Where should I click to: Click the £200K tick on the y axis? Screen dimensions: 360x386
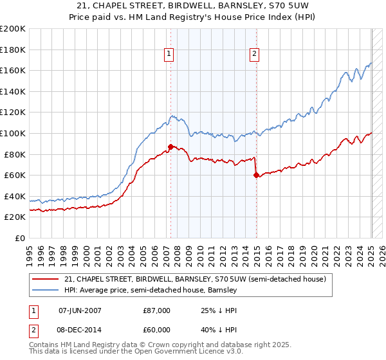pos(13,29)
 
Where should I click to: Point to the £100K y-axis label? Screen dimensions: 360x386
pos(13,133)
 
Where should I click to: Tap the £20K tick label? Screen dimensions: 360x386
pos(15,217)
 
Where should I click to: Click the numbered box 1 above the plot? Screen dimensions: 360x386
pos(169,55)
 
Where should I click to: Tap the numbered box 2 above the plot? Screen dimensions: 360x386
pos(255,55)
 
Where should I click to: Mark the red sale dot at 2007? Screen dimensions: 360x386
pos(170,147)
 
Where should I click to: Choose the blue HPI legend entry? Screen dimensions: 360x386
pos(151,291)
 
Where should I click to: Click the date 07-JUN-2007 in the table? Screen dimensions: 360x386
pos(80,310)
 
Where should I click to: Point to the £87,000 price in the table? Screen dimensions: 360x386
pos(156,310)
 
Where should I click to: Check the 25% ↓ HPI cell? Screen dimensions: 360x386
pos(212,310)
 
